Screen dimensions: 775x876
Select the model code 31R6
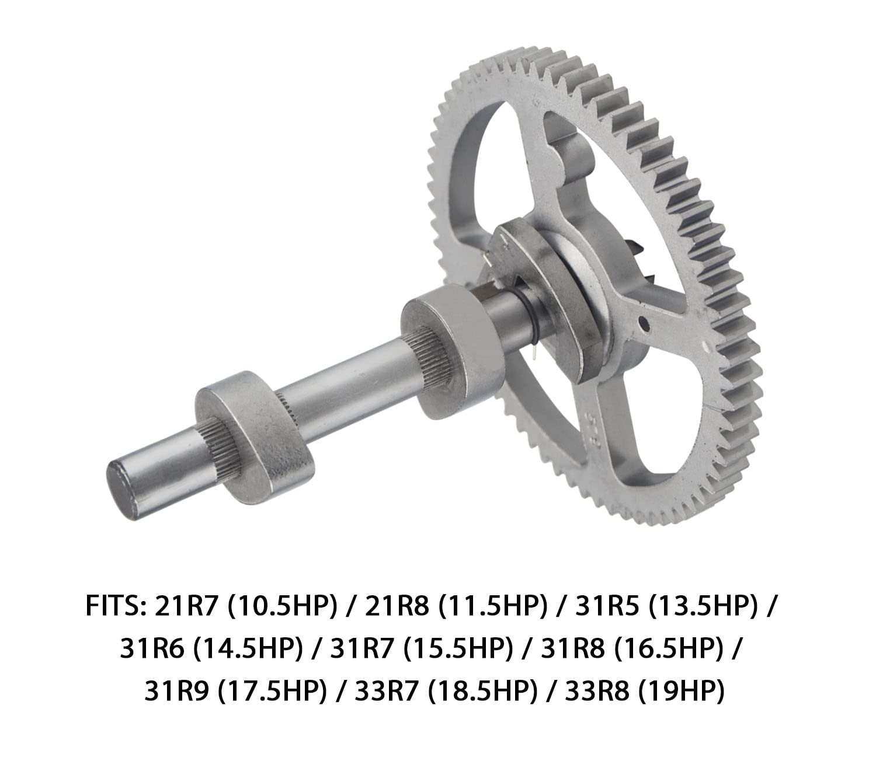tap(152, 650)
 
